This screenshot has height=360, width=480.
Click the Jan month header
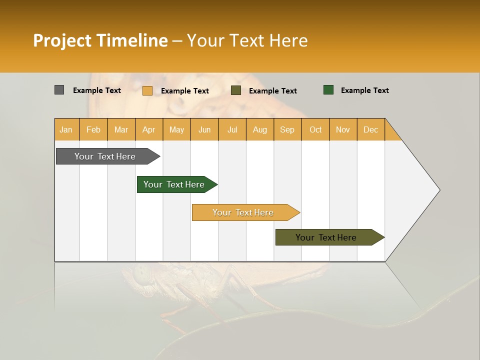(66, 129)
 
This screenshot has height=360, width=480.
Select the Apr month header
(149, 129)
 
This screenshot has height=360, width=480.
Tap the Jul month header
(232, 129)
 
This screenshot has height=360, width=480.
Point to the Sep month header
(287, 129)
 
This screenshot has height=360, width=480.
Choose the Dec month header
(370, 129)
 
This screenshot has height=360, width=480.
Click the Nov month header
(343, 129)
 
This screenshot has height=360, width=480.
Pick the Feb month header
(93, 129)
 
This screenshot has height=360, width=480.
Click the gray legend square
(59, 90)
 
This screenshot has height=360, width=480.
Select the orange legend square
(147, 90)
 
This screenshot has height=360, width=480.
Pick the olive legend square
(236, 90)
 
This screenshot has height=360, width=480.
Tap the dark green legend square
(328, 90)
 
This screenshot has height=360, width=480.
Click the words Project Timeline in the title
(100, 40)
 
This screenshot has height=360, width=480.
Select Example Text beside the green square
(364, 90)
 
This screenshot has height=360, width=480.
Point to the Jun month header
(204, 129)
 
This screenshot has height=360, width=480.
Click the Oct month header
(315, 129)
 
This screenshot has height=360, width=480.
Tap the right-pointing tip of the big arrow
(437, 190)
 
